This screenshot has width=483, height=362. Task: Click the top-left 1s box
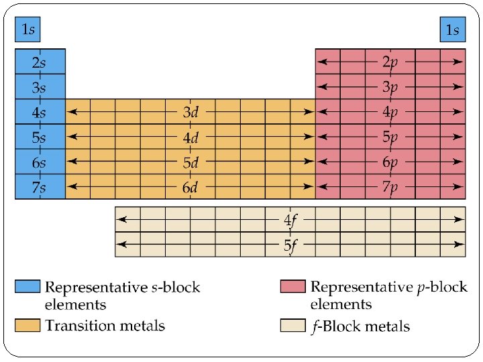(29, 29)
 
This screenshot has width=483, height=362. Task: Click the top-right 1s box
(452, 29)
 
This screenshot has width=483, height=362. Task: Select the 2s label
(39, 62)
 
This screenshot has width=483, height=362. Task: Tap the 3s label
(39, 87)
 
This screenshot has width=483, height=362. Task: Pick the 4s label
(39, 112)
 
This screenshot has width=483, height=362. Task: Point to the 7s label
(39, 187)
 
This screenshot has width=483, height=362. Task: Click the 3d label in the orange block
(191, 112)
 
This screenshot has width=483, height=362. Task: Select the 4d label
(191, 137)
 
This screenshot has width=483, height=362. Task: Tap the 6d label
(191, 187)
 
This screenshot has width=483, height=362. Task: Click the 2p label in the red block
(390, 62)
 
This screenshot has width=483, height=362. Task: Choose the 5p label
(390, 137)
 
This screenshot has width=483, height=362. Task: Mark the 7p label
(390, 187)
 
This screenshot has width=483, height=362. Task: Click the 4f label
(290, 219)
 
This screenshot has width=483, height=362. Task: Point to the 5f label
(290, 245)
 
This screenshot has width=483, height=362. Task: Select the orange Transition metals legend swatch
(28, 326)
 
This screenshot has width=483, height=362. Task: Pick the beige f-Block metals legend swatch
(292, 326)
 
